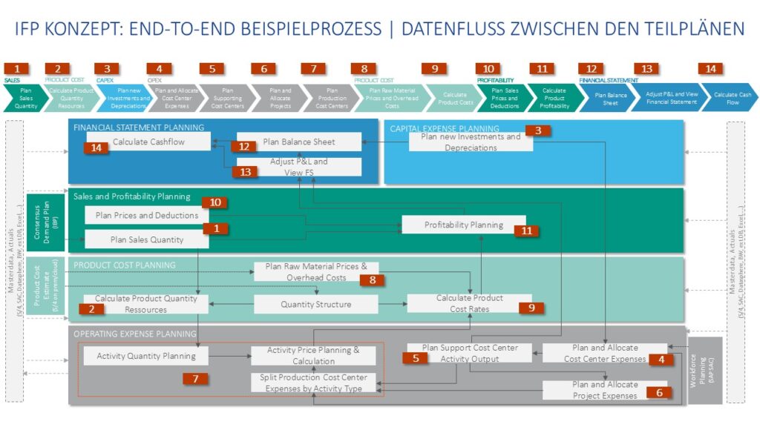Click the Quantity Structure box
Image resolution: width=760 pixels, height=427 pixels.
tap(315, 304)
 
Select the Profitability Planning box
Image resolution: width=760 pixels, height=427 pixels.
tap(463, 225)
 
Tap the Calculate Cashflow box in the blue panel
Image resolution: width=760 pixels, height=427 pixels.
tap(148, 142)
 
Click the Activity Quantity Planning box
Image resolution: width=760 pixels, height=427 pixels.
tap(145, 356)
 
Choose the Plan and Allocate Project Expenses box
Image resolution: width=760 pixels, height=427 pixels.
tap(604, 390)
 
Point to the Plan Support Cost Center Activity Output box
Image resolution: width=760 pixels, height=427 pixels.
tap(469, 353)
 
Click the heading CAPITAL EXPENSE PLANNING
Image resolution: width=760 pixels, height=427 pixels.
tap(445, 128)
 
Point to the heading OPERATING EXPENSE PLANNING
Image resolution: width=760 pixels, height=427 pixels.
tap(134, 334)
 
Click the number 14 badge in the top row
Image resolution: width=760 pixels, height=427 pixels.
tap(710, 69)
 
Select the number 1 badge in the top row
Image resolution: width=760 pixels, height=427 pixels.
tap(16, 69)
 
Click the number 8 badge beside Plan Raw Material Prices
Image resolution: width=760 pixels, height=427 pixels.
tap(373, 279)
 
